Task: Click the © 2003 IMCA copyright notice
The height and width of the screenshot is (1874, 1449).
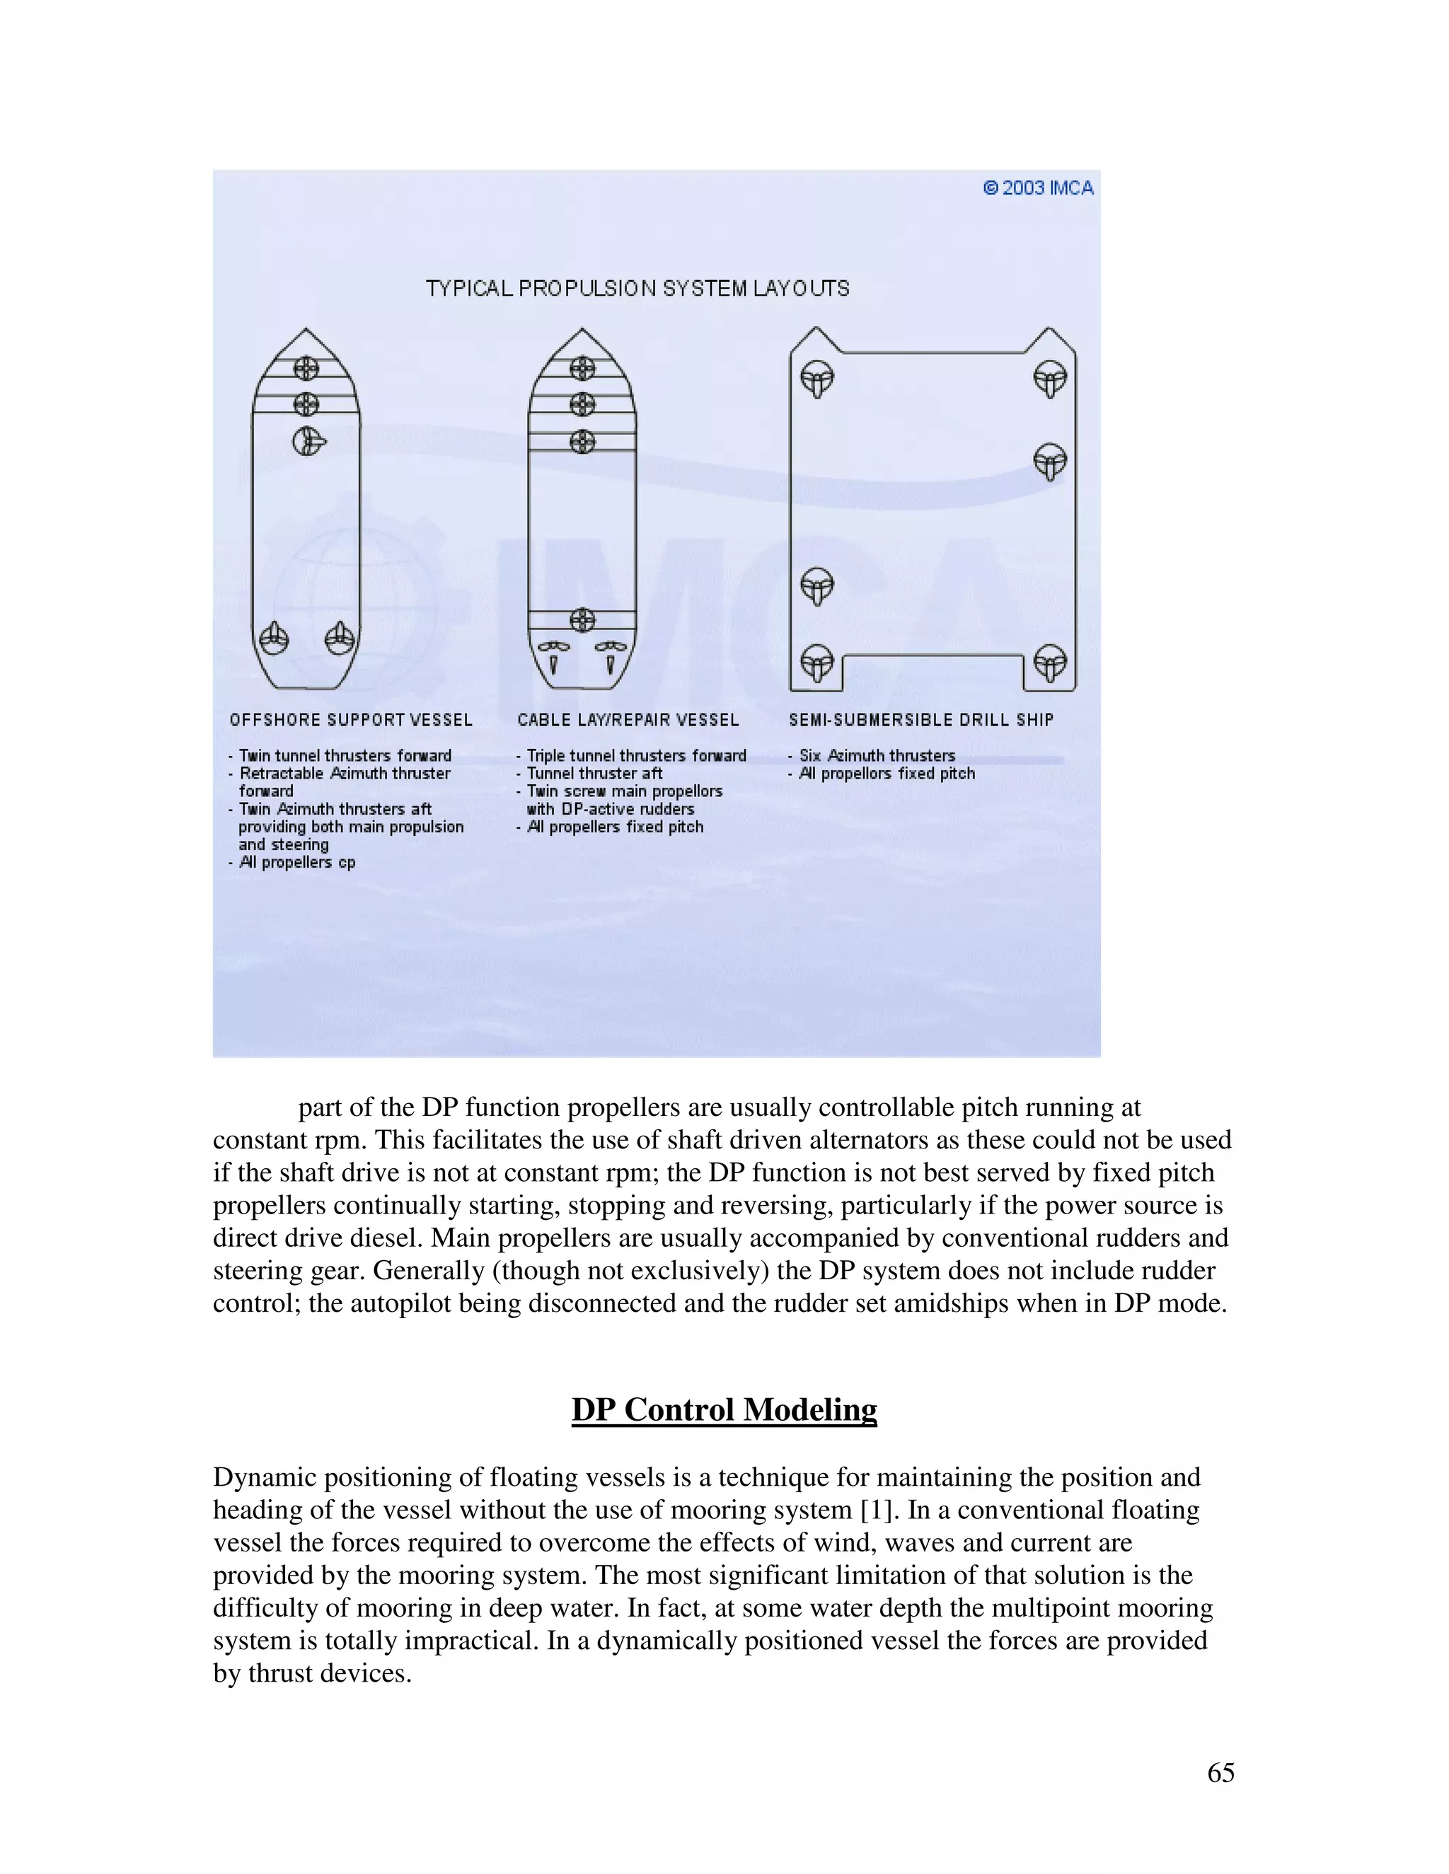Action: point(1038,188)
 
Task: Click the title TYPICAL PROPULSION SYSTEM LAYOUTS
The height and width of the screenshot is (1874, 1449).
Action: point(637,289)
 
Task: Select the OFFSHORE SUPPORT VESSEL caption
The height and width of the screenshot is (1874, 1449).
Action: point(350,720)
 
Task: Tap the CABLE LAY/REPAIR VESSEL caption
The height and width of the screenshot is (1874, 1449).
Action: point(628,720)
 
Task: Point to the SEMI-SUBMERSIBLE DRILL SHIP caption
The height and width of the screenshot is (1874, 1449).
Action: point(920,720)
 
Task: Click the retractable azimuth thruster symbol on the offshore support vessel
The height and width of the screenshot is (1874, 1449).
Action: point(308,442)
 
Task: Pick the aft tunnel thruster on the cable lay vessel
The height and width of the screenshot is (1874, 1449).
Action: point(582,619)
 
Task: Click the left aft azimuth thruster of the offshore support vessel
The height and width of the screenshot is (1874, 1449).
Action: point(274,638)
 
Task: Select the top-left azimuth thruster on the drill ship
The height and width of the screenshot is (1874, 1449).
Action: point(816,378)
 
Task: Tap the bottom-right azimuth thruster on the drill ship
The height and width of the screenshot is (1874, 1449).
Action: point(1049,663)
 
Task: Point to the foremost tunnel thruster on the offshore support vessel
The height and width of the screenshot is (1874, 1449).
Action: point(306,368)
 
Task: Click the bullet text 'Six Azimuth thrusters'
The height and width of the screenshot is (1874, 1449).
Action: point(877,755)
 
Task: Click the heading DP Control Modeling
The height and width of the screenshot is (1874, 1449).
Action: point(724,1410)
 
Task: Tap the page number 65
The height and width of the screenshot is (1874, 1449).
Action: point(1220,1773)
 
